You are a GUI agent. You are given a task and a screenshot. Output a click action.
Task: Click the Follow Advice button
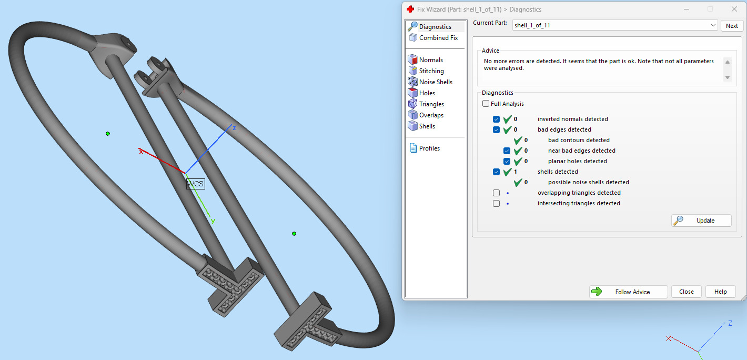[x=628, y=292]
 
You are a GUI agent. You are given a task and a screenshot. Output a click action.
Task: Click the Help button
[x=720, y=292]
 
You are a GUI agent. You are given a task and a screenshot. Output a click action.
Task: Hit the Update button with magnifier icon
[x=701, y=221]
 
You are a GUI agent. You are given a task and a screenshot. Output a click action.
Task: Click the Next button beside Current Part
[x=732, y=25]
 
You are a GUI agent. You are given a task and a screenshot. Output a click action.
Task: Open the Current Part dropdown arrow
[x=713, y=25]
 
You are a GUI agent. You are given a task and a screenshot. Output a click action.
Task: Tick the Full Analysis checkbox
[x=486, y=104]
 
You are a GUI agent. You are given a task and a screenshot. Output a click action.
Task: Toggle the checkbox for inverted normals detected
[x=496, y=119]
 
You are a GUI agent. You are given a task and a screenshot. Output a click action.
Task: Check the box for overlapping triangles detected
[x=496, y=193]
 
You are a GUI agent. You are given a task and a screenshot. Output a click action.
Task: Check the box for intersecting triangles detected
[x=496, y=203]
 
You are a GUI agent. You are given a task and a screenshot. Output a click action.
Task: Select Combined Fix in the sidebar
[x=438, y=38]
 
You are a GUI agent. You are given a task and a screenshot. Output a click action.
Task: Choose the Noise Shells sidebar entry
[x=435, y=82]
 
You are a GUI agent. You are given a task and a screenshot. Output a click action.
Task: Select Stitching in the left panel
[x=431, y=71]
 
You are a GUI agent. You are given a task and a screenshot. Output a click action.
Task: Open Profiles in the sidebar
[x=429, y=148]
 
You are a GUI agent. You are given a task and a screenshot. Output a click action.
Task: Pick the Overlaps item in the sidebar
[x=431, y=115]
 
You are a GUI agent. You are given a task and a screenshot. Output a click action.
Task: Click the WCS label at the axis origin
[x=195, y=184]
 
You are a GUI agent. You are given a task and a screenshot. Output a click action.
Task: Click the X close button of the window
[x=734, y=9]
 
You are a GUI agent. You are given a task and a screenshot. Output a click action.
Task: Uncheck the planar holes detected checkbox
[x=507, y=161]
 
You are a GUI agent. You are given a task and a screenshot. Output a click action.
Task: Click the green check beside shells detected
[x=508, y=172]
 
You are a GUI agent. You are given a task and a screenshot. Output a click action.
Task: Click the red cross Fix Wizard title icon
[x=410, y=9]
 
